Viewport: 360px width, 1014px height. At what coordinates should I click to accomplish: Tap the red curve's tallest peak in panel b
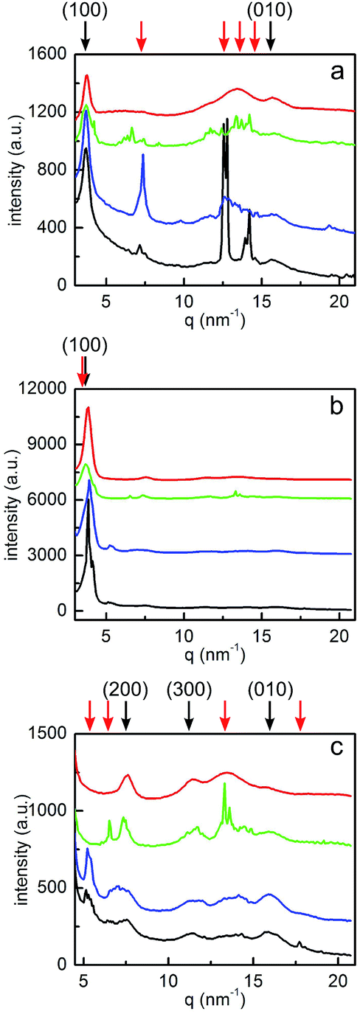89,408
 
